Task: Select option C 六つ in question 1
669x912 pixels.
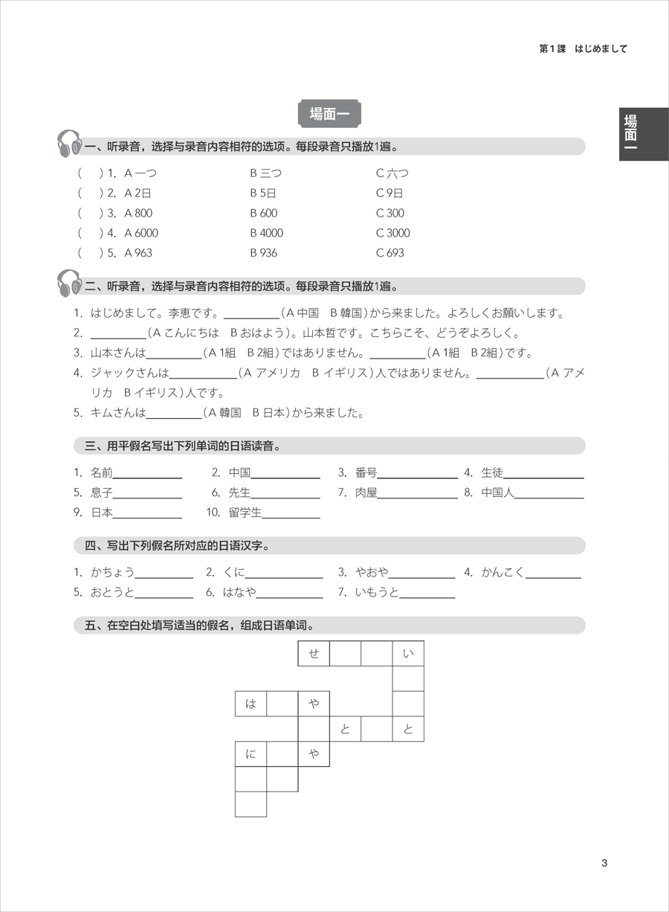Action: [x=392, y=173]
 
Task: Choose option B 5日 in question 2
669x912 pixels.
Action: [x=263, y=193]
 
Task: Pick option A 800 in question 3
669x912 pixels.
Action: [x=138, y=213]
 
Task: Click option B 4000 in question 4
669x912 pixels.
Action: [x=266, y=233]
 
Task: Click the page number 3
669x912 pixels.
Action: [x=604, y=863]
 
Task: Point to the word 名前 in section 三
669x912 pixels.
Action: [x=101, y=472]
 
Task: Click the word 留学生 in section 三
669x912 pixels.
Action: [x=245, y=512]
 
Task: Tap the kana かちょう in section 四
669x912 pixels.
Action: [x=112, y=572]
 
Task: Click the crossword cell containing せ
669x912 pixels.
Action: [x=314, y=654]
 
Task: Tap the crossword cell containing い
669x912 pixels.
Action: [x=407, y=654]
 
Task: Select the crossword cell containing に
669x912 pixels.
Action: [x=251, y=754]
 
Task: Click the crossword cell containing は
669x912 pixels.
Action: [x=251, y=704]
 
